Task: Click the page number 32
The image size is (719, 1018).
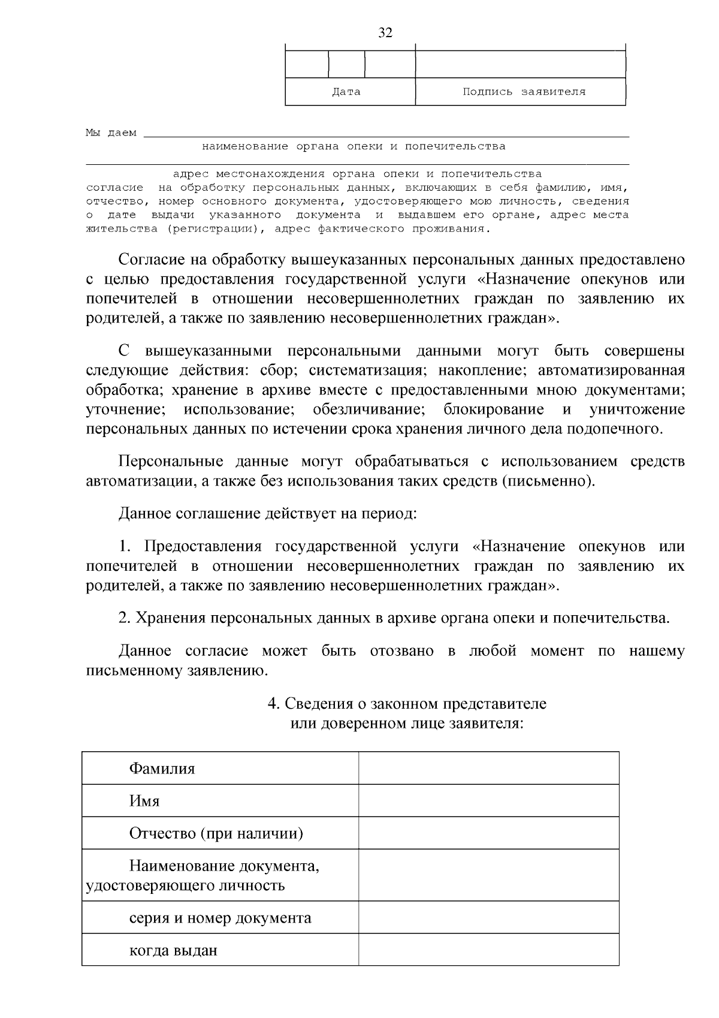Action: [x=385, y=33]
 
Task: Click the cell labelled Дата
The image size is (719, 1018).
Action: [x=346, y=92]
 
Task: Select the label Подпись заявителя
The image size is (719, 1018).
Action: [x=524, y=92]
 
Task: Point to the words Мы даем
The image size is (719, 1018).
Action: [x=111, y=132]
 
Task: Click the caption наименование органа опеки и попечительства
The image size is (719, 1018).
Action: [x=354, y=146]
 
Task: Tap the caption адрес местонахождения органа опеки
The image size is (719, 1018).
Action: [x=357, y=174]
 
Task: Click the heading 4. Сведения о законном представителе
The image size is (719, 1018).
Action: [x=407, y=703]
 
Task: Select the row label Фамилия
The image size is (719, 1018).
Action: [x=162, y=769]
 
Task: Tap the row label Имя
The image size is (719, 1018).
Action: [x=144, y=801]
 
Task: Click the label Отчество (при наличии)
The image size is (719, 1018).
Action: [x=216, y=833]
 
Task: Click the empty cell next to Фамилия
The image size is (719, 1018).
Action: [x=488, y=768]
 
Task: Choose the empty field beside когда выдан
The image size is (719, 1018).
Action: [x=488, y=950]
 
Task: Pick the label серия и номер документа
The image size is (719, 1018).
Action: [x=220, y=918]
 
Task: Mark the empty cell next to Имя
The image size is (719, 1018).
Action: [x=488, y=801]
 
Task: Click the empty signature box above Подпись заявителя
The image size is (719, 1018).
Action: [x=520, y=64]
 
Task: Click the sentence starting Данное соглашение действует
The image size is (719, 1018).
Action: [x=267, y=514]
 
